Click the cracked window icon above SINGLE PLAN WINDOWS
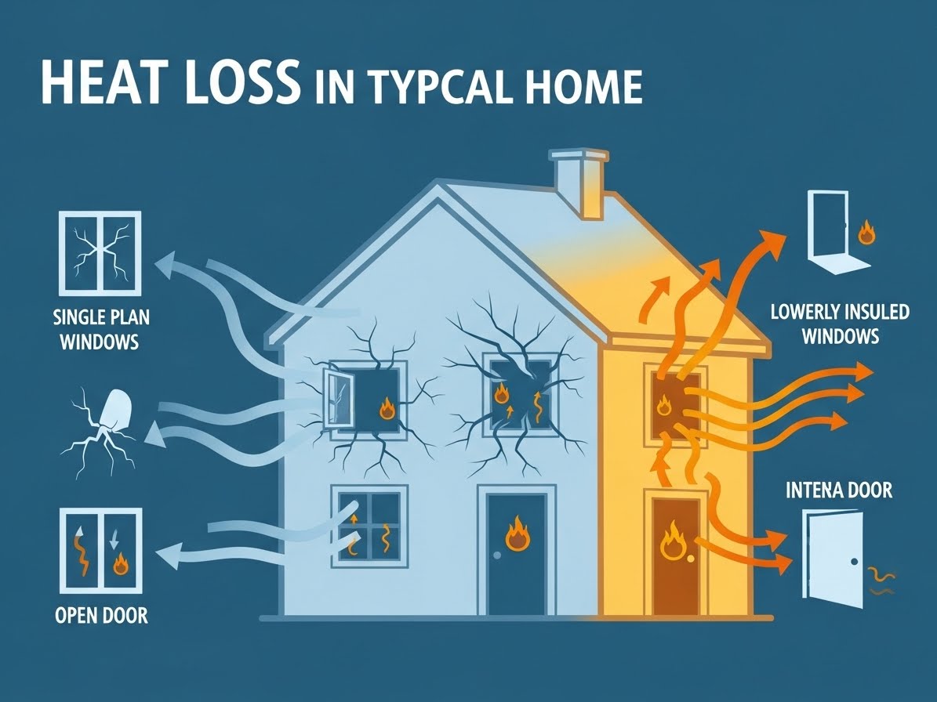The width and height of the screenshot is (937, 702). pos(99,253)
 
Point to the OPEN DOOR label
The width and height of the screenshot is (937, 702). pos(102,615)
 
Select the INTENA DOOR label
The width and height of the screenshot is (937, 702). pos(837,491)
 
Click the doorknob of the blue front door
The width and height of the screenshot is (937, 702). pos(497,555)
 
